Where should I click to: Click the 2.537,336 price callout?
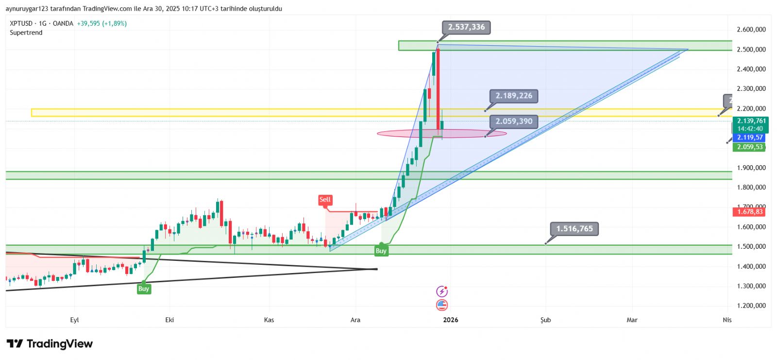pos(466,27)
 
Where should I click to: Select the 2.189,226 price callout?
pos(514,96)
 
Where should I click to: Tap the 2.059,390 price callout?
pos(514,121)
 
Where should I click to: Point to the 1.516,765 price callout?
pos(574,228)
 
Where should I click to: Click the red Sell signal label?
pos(325,200)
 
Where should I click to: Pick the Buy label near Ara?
pos(381,251)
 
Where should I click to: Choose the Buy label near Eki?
pos(143,289)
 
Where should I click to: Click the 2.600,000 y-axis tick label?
pos(751,30)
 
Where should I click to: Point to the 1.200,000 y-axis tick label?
pos(751,306)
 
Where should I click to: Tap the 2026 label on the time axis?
pos(450,320)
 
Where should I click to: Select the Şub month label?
pos(545,320)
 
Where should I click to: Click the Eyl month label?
pos(74,320)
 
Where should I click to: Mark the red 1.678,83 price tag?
pos(750,212)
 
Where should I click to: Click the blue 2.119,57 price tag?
pos(750,137)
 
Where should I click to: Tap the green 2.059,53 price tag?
pos(750,147)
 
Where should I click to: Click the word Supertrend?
pos(26,33)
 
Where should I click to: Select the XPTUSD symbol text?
pos(21,23)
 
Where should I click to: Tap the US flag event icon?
pos(441,305)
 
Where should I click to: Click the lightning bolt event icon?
pos(441,291)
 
